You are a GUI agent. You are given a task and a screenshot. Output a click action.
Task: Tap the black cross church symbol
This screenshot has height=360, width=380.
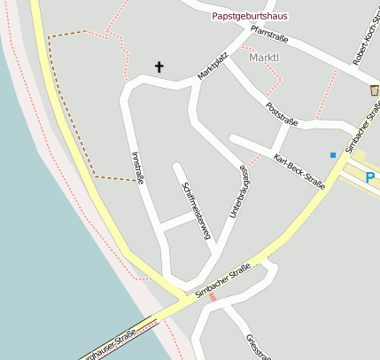pos(159,67)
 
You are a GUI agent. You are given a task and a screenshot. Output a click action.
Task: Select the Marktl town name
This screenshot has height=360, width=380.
pos(264,58)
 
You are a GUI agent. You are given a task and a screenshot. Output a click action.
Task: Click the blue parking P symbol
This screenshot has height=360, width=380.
pos(370,177)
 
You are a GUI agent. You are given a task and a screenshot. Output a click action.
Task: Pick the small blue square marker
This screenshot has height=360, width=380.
pos(333,155)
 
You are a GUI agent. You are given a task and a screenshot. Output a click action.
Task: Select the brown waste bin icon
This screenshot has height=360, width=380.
pos(374,90)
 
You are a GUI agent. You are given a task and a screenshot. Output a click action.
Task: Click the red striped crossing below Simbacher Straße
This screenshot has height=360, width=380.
pos(213,297)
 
